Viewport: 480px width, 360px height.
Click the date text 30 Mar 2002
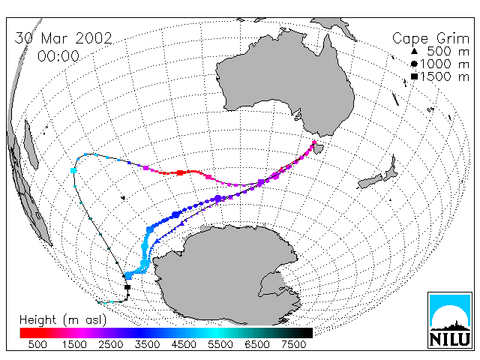[63, 38]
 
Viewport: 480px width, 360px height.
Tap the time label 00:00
[58, 56]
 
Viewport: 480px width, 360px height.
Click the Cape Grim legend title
[430, 39]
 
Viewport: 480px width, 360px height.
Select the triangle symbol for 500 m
[414, 51]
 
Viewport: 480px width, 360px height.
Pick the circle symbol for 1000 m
[414, 64]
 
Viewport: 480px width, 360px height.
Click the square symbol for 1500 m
[414, 76]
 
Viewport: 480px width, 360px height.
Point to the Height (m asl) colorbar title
[63, 320]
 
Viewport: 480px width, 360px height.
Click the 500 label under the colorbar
[37, 344]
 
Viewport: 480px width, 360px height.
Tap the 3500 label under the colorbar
[147, 344]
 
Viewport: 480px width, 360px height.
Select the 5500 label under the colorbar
[220, 344]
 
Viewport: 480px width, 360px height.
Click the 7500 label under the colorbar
[293, 344]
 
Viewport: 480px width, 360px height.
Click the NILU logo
[450, 320]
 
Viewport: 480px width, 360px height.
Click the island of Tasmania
[318, 149]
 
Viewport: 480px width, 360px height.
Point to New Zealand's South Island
[371, 181]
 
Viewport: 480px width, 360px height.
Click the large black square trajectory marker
[127, 287]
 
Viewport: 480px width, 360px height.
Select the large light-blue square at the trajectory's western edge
[73, 170]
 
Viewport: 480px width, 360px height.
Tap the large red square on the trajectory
[180, 173]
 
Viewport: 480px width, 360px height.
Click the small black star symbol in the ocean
[123, 198]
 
